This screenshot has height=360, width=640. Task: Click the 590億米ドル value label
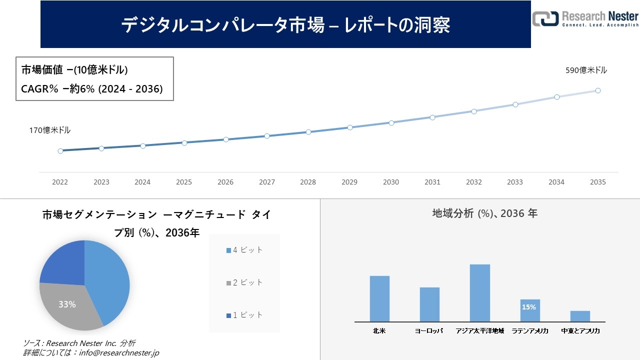[586, 70]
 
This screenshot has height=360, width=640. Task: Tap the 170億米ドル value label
[49, 130]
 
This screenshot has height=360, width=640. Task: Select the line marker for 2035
[597, 90]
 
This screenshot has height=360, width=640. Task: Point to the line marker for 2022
[60, 150]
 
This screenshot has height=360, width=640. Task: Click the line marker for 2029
[350, 127]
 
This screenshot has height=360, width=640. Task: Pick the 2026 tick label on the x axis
[225, 182]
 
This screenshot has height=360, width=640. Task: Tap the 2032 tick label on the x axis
[473, 182]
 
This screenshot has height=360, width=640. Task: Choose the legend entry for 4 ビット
[244, 250]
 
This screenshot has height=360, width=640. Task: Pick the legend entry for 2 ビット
[244, 282]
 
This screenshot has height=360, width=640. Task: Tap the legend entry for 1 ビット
[244, 315]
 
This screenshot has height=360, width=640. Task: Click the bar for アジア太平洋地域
[480, 293]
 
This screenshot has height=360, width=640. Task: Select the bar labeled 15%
[530, 310]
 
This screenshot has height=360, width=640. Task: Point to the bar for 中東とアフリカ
[580, 316]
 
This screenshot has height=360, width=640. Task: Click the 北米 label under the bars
[379, 331]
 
